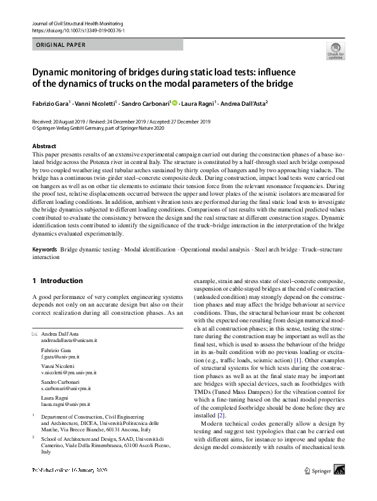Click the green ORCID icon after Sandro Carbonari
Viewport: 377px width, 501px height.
point(174,102)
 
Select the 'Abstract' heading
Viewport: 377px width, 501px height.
point(44,146)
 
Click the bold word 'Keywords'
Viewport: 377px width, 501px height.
point(45,250)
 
